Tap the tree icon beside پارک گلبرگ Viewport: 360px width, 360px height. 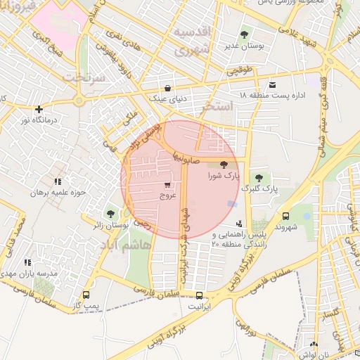(260, 177)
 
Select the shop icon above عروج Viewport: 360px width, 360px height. (167, 186)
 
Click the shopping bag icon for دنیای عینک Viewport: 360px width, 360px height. (167, 88)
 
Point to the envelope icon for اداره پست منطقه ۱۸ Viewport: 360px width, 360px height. (272, 84)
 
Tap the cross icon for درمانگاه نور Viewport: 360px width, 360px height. (39, 109)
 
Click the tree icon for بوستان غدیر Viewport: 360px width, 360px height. (244, 34)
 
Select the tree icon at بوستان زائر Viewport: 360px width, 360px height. (110, 213)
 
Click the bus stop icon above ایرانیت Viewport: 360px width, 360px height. (200, 295)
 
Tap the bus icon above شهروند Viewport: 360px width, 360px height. (285, 217)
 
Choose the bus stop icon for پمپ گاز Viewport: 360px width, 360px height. (86, 295)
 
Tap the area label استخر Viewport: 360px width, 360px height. (214, 108)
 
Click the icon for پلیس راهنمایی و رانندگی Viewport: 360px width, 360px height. (247, 224)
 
